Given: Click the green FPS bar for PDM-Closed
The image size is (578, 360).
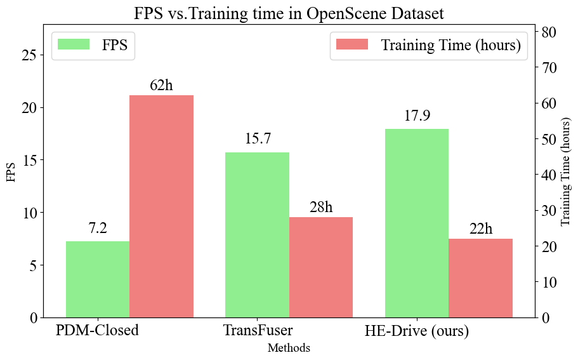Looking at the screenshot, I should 98,279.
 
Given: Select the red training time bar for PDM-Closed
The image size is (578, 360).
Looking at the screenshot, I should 161,206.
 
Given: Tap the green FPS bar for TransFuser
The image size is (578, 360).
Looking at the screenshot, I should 257,234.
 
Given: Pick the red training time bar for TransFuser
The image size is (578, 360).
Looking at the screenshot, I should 321,267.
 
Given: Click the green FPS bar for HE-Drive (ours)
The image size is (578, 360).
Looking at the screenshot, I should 417,223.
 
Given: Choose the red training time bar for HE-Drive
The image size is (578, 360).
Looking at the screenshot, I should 480,277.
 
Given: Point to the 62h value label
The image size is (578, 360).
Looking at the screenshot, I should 161,85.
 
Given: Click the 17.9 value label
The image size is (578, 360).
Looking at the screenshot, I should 417,116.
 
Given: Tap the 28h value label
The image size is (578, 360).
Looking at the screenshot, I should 321,207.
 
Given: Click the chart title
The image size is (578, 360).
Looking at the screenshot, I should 289,13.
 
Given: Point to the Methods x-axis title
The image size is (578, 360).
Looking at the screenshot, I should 289,348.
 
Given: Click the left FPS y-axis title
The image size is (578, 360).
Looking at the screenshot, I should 11,171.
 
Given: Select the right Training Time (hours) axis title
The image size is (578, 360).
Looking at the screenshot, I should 566,171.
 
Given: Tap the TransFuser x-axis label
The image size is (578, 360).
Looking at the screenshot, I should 257,331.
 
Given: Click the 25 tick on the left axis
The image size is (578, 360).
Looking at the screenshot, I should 29,55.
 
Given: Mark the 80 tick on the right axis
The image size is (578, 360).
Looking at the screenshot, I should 549,32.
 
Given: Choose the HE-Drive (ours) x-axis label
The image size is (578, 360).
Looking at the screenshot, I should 417,331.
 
